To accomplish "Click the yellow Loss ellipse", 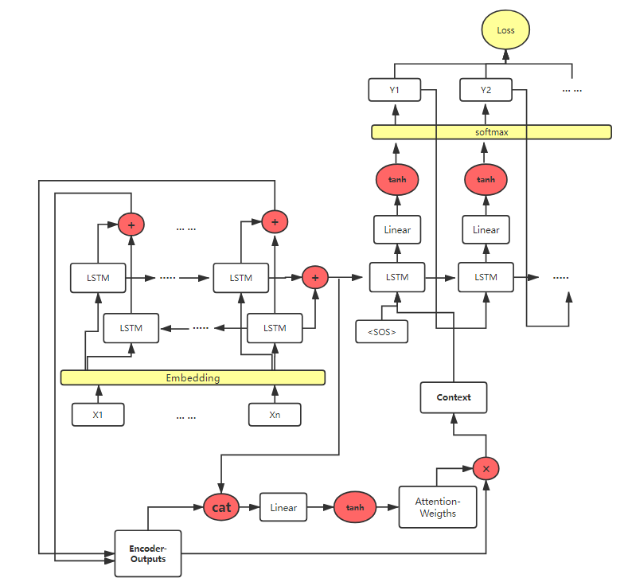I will pos(505,31).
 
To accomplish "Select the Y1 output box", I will pos(394,90).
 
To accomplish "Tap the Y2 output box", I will pos(486,90).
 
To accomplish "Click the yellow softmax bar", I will pos(491,132).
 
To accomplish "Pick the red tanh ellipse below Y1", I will pos(397,179).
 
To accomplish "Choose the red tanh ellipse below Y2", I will pos(486,179).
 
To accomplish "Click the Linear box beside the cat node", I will pos(283,507).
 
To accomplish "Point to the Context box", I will pos(453,397).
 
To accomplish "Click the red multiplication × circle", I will pos(486,468).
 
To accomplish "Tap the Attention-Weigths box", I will pos(438,507).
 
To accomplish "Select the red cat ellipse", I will pos(222,507).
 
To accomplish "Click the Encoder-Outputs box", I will pos(148,553).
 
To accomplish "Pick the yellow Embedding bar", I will pos(193,377).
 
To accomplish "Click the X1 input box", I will pos(98,415).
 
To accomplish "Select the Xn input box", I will pos(275,415).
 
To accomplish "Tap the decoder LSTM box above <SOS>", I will pos(397,277).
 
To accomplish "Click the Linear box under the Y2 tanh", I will pos(486,229).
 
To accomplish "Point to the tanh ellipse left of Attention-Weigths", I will pos(354,507).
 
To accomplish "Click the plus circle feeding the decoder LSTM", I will pos(315,277).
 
